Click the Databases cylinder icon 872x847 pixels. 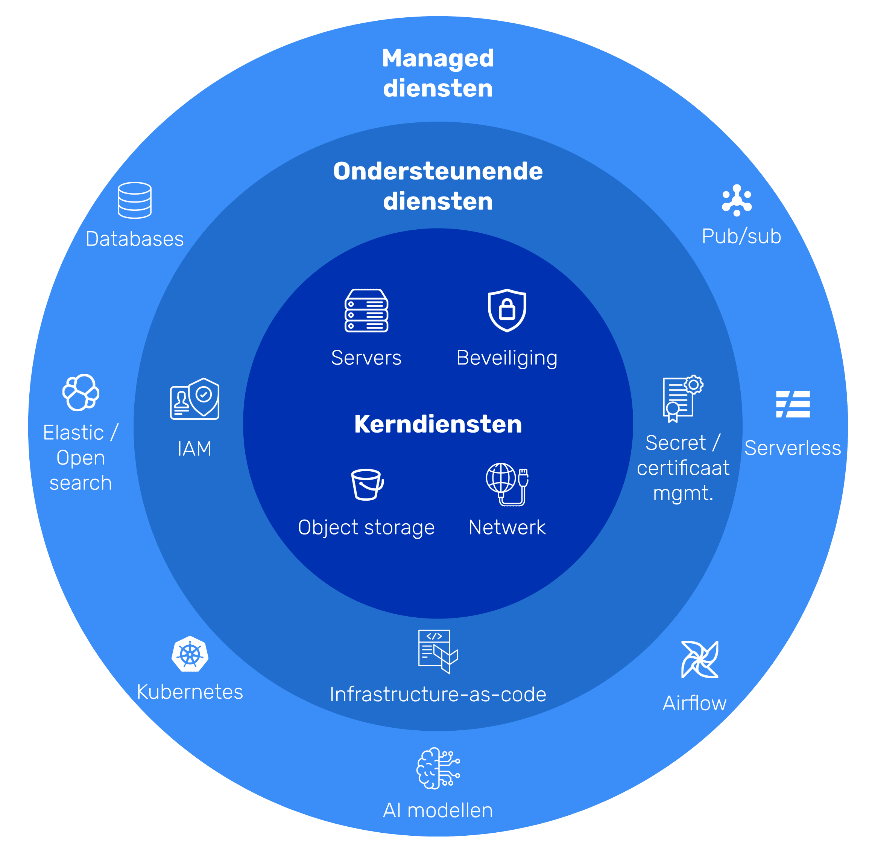[x=135, y=200]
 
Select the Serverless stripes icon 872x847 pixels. [x=793, y=404]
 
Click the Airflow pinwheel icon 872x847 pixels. [x=700, y=660]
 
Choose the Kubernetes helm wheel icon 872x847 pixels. [x=190, y=654]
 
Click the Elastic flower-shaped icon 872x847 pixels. [x=81, y=392]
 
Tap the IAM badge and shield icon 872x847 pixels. [x=195, y=399]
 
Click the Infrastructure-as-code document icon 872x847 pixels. [x=438, y=651]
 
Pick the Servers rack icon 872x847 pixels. [x=366, y=310]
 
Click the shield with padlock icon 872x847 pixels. [x=507, y=310]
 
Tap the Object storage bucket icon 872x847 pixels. [x=367, y=485]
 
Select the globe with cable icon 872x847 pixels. [x=507, y=484]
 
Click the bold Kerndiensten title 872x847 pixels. [x=438, y=424]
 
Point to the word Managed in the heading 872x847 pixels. [x=438, y=58]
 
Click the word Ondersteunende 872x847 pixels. [x=438, y=171]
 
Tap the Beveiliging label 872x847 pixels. [x=507, y=358]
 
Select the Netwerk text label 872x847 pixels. [x=507, y=528]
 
